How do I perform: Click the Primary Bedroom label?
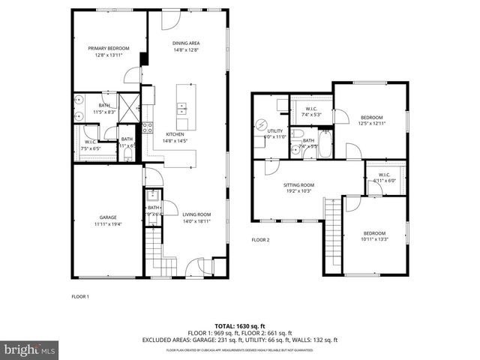coord(108,49)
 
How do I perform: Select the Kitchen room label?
coord(175,134)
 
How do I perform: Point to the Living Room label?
coord(196,214)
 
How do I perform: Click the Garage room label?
coord(108,217)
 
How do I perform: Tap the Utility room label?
coord(274,131)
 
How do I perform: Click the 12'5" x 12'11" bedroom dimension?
coord(371,124)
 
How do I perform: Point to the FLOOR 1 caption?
coord(80,296)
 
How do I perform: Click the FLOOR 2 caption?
coord(260,240)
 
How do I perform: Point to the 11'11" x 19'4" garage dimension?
coord(108,224)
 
